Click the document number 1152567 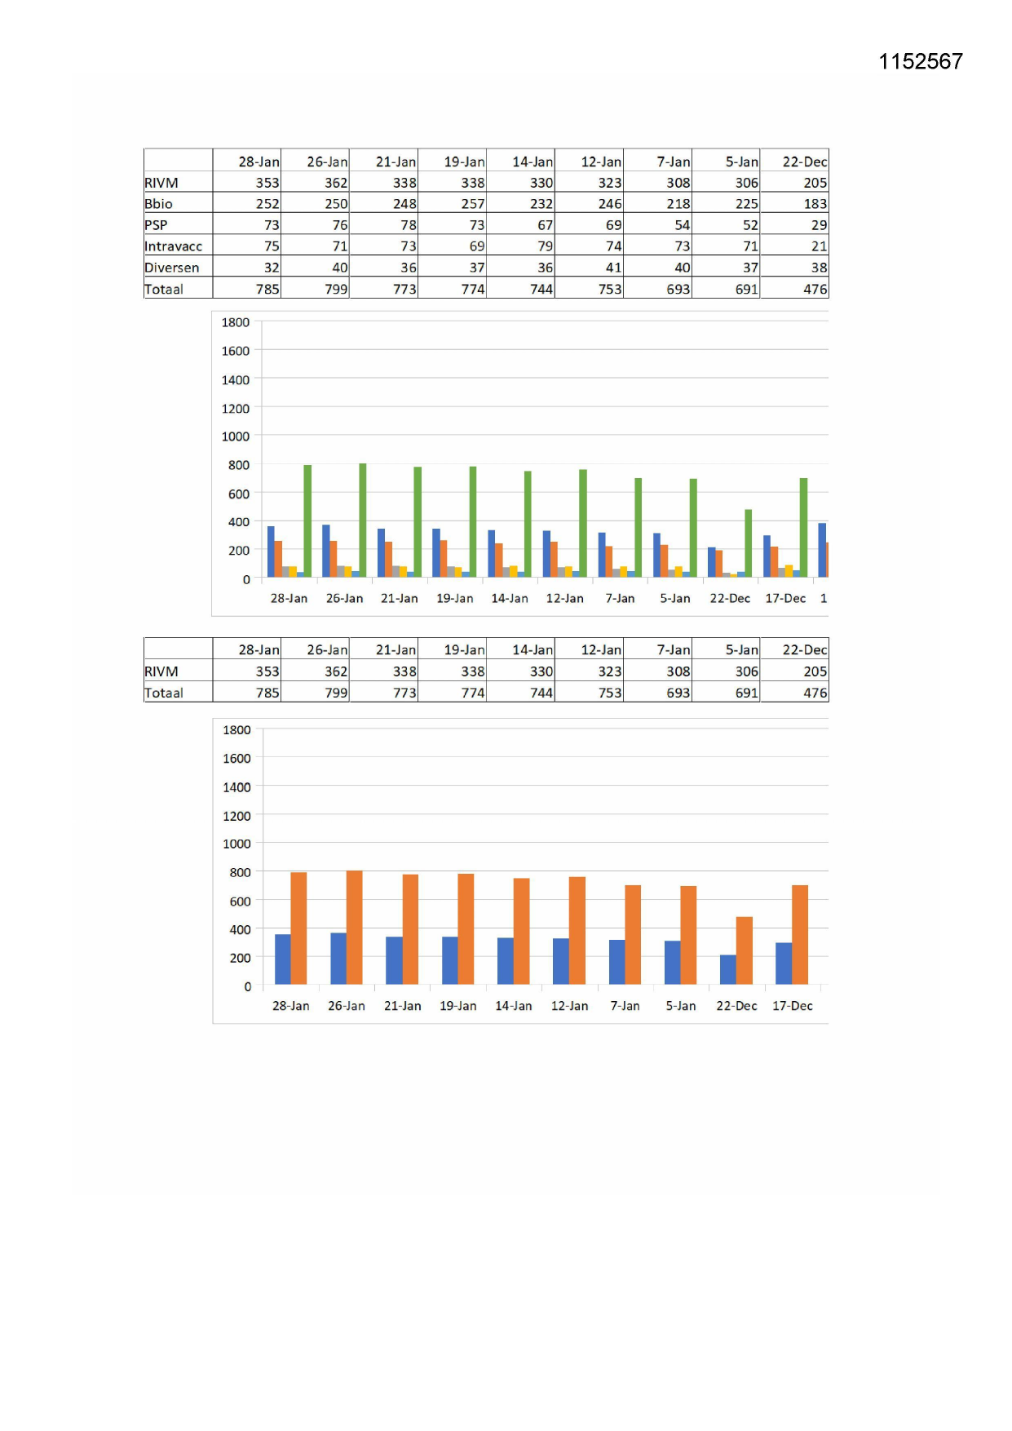[920, 62]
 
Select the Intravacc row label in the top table [173, 246]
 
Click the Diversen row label [171, 268]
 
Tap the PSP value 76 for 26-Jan [339, 225]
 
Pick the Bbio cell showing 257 [472, 204]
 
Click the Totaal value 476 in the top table [815, 289]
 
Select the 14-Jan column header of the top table [532, 162]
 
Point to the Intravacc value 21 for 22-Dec [819, 246]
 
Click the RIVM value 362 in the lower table [335, 671]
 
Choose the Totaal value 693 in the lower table [678, 693]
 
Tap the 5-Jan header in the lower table [741, 650]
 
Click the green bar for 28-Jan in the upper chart [307, 521]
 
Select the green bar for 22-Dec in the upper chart [748, 543]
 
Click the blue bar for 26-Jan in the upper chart [326, 551]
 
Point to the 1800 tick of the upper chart [236, 322]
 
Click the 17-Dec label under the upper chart [784, 598]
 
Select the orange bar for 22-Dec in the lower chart [744, 950]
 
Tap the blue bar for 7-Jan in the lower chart [616, 962]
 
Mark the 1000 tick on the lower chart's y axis [236, 844]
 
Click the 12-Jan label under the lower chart [569, 1006]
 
